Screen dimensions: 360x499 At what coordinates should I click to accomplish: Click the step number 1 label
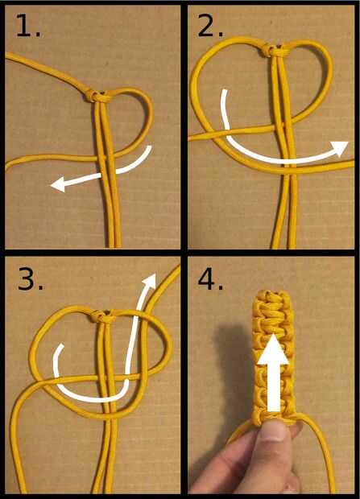[28, 27]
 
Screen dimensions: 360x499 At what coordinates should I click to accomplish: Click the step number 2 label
[210, 27]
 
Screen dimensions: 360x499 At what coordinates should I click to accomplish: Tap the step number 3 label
[31, 279]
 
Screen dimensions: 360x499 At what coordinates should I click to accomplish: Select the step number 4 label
[210, 279]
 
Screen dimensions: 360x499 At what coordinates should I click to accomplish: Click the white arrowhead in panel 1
[59, 184]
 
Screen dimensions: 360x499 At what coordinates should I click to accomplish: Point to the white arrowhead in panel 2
[338, 148]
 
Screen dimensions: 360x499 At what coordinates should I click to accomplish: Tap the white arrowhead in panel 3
[149, 280]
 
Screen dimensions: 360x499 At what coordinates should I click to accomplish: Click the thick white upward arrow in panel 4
[273, 373]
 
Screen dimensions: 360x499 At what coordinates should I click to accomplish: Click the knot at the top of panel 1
[96, 96]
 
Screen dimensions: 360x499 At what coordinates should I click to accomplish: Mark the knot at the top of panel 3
[102, 316]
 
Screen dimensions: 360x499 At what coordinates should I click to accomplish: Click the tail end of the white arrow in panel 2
[225, 93]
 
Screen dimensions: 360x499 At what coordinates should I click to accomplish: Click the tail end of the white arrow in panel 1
[148, 148]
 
